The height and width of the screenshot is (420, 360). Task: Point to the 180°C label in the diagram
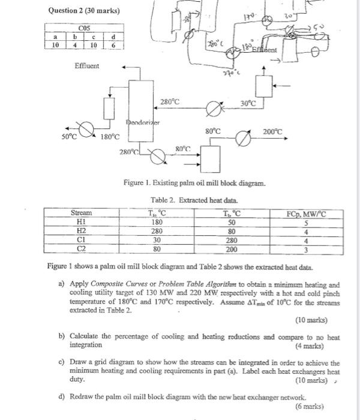pos(110,137)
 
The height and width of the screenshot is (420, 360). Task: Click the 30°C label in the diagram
pos(248,104)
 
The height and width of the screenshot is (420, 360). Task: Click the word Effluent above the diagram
pos(87,65)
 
